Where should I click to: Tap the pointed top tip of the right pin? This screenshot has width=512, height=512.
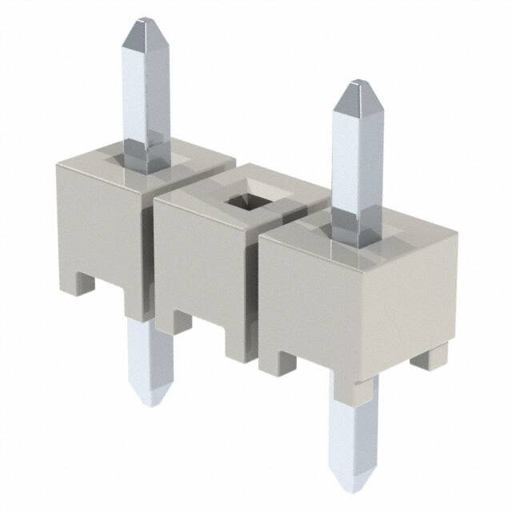pyautogui.click(x=354, y=86)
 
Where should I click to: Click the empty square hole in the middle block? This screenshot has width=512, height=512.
pyautogui.click(x=246, y=200)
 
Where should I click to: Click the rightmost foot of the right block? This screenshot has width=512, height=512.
pyautogui.click(x=426, y=360)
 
